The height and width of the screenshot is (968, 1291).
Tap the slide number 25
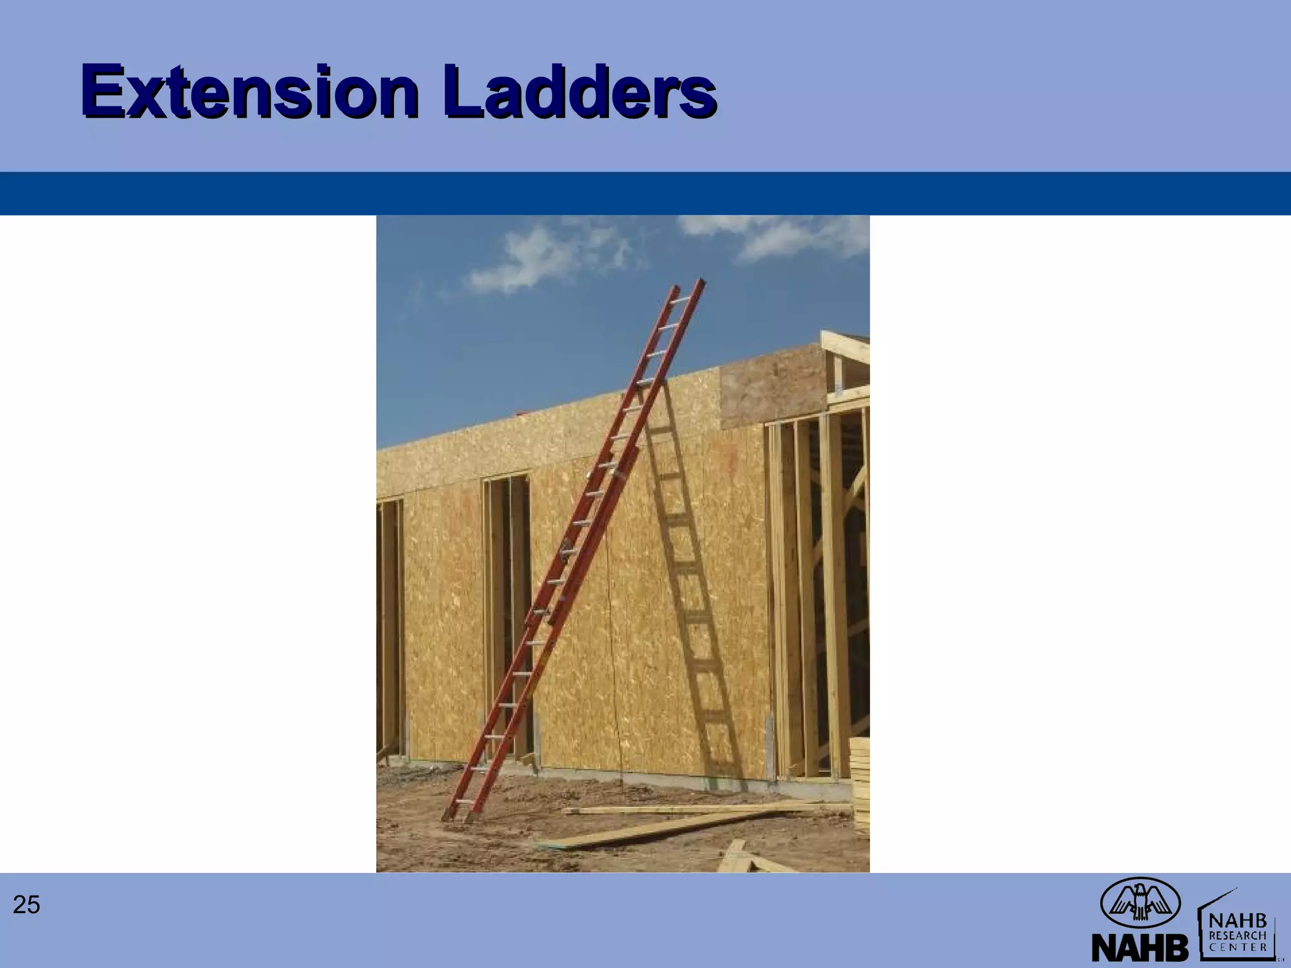pyautogui.click(x=26, y=905)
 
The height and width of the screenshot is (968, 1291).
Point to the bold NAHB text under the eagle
pyautogui.click(x=1140, y=947)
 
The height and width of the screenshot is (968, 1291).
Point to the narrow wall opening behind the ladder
pyautogui.click(x=508, y=605)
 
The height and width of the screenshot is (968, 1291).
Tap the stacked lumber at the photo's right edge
pyautogui.click(x=860, y=781)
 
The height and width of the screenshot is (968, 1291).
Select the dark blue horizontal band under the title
pyautogui.click(x=645, y=193)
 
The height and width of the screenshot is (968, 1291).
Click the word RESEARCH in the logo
pyautogui.click(x=1237, y=935)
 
